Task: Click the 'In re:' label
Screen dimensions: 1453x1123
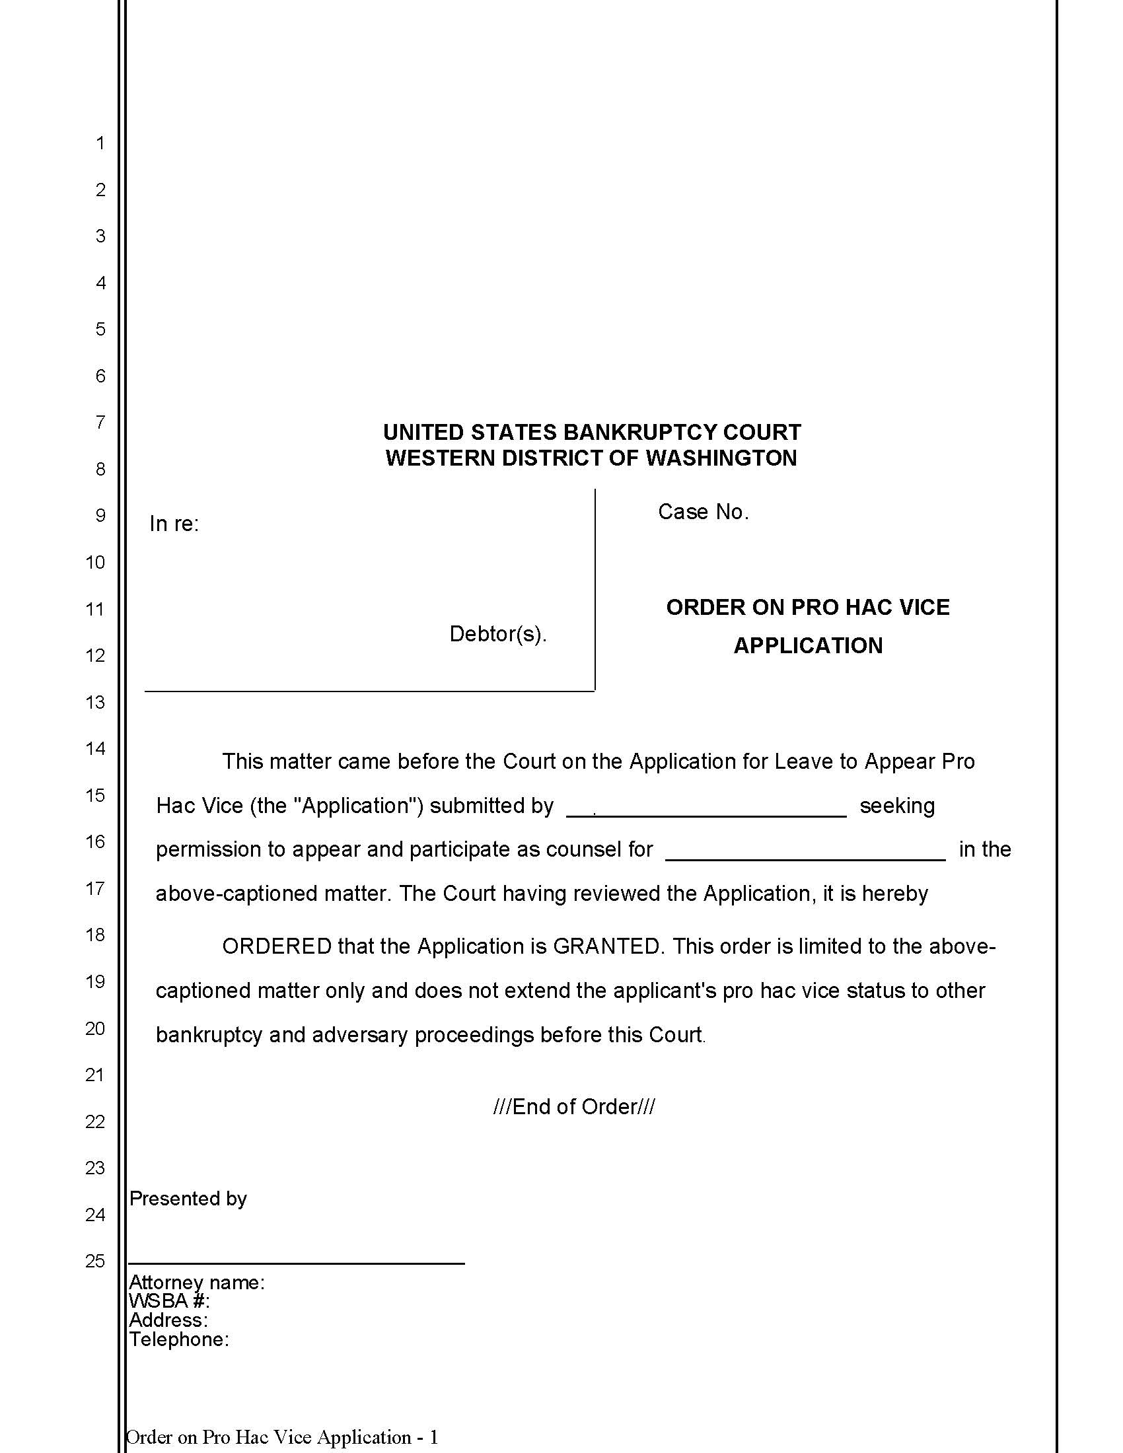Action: [x=174, y=524]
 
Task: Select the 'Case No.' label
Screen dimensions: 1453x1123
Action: [x=704, y=512]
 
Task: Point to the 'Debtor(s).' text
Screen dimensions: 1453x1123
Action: [x=497, y=634]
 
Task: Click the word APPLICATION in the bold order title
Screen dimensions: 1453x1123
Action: [x=808, y=645]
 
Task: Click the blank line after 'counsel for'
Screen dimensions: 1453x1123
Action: [x=805, y=858]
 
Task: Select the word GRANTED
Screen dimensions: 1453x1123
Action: [x=606, y=946]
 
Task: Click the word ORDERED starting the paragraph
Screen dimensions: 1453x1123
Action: [x=277, y=946]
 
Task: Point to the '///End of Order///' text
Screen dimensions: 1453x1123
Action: [x=573, y=1106]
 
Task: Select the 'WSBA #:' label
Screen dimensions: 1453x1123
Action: [x=169, y=1300]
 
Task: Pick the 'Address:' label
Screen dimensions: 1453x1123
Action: [x=168, y=1320]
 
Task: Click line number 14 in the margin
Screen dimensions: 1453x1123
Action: [x=95, y=748]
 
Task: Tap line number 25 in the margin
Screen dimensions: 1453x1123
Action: [x=95, y=1261]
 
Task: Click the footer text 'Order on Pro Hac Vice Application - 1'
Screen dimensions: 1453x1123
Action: [x=282, y=1437]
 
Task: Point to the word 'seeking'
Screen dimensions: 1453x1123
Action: [x=897, y=806]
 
